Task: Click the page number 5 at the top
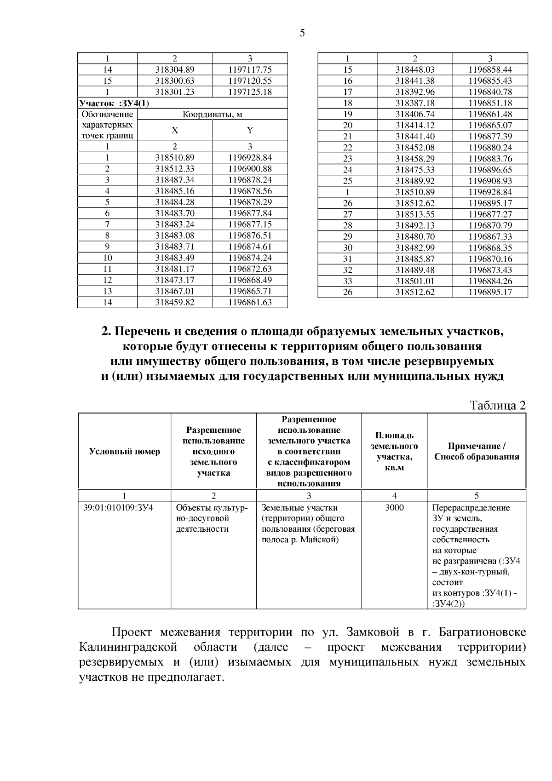[302, 33]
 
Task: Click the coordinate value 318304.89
[175, 70]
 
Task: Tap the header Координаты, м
[212, 115]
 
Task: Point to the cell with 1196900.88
[250, 169]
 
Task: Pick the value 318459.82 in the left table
[175, 302]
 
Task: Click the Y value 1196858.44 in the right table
[490, 70]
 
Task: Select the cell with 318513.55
[415, 214]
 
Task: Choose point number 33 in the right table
[348, 281]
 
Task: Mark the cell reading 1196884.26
[490, 281]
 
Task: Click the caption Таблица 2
[497, 405]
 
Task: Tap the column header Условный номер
[125, 451]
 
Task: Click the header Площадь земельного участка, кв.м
[394, 451]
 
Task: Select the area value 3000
[394, 508]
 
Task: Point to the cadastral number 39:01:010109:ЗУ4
[118, 508]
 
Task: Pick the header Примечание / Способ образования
[477, 451]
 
